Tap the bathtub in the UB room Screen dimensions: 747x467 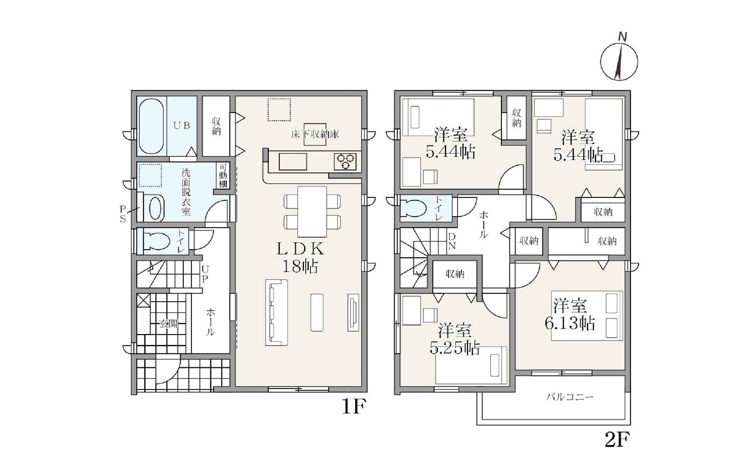(x=151, y=126)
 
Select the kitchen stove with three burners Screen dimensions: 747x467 (x=345, y=162)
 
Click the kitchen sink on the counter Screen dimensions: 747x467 (x=293, y=162)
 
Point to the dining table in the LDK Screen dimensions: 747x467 (x=312, y=212)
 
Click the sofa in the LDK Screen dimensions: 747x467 (x=277, y=312)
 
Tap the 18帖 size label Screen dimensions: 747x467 (x=300, y=267)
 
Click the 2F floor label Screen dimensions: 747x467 (x=617, y=440)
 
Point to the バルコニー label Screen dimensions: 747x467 (x=570, y=397)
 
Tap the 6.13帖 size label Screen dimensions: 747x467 (x=570, y=323)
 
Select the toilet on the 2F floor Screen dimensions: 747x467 (x=414, y=208)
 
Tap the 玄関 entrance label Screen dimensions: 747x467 (x=168, y=323)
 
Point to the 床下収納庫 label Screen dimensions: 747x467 (x=315, y=134)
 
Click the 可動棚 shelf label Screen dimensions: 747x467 (x=223, y=176)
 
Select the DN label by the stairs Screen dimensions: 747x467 (x=452, y=241)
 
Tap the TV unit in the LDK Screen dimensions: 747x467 (x=353, y=312)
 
